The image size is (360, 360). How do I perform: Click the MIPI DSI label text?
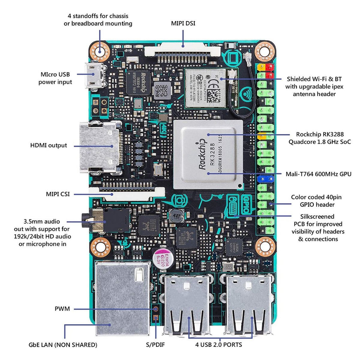pyautogui.click(x=183, y=23)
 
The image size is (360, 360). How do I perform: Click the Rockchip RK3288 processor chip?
pyautogui.click(x=208, y=154)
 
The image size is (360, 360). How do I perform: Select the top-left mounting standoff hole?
pyautogui.click(x=100, y=51)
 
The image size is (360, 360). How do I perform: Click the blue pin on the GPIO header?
pyautogui.click(x=265, y=179)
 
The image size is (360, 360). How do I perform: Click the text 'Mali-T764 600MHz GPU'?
pyautogui.click(x=319, y=174)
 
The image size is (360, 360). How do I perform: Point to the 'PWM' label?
pyautogui.click(x=62, y=309)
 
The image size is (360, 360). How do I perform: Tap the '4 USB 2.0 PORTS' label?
pyautogui.click(x=218, y=345)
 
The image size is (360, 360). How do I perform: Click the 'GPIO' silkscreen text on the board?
pyautogui.click(x=246, y=204)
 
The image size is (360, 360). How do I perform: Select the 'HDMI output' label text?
pyautogui.click(x=49, y=146)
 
